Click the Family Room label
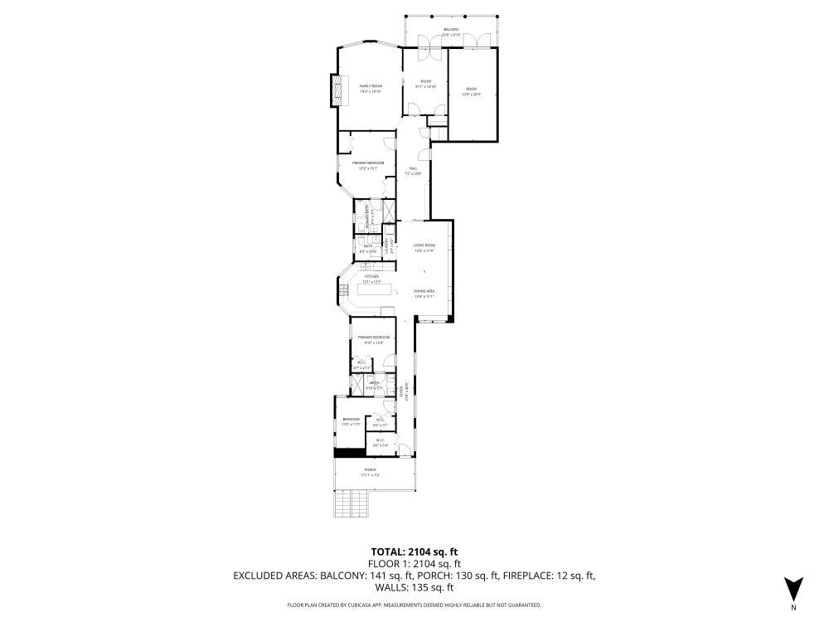[370, 88]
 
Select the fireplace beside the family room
[337, 90]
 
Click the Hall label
[413, 171]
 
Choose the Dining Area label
[424, 294]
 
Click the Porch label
[369, 472]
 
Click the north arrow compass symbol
[793, 588]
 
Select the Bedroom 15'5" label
[351, 421]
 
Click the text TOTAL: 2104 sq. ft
[414, 551]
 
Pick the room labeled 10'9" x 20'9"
[471, 91]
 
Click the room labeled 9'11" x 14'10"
[424, 83]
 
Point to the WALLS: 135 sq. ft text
[414, 587]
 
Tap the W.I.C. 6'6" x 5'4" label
[381, 443]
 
